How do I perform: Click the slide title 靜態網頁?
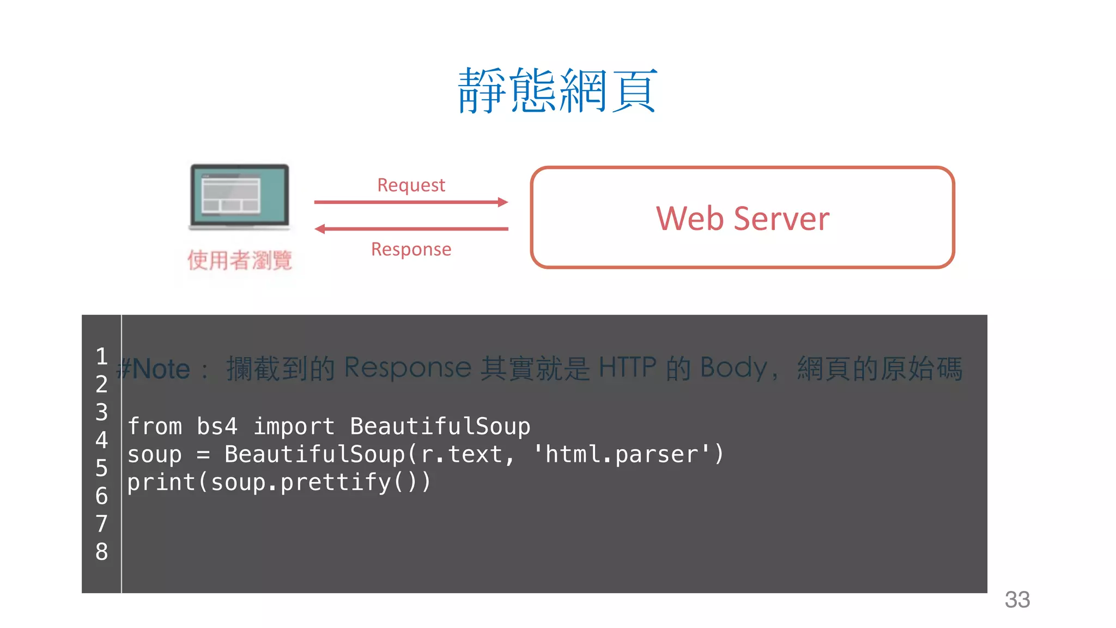tap(557, 90)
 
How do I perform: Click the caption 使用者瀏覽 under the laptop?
tap(239, 260)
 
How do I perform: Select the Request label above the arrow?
tap(411, 185)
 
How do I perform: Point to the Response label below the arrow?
tap(411, 249)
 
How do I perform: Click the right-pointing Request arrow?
tap(411, 202)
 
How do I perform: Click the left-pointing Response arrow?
tap(411, 229)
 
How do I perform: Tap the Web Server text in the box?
tap(742, 219)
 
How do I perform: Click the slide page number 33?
tap(1017, 600)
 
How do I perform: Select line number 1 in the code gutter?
tap(101, 357)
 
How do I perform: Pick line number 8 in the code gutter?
tap(101, 552)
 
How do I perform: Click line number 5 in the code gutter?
tap(101, 468)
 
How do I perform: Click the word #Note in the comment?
tap(154, 369)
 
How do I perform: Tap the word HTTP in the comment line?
tap(627, 368)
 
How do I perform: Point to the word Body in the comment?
tap(733, 368)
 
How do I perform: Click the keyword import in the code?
tap(294, 426)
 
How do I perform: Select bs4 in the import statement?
tap(217, 426)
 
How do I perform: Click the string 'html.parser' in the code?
tap(622, 454)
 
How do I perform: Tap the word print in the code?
tap(161, 482)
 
